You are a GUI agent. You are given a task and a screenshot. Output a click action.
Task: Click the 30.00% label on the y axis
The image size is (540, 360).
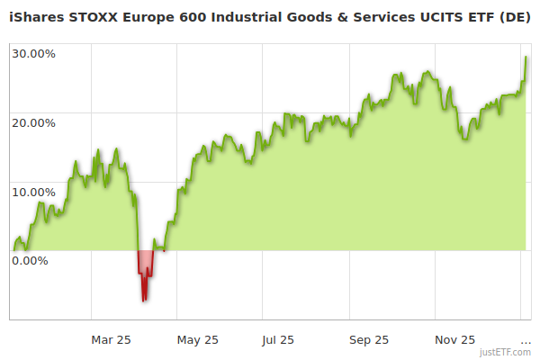tap(33, 53)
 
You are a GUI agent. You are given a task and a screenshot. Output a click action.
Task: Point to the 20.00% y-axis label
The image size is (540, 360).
tap(33, 122)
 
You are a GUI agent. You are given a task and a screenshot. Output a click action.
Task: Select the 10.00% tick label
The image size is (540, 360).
tap(33, 192)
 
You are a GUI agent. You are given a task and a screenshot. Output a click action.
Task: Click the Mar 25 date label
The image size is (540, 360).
tap(112, 339)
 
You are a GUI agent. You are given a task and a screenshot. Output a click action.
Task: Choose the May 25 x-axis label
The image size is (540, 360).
tap(197, 339)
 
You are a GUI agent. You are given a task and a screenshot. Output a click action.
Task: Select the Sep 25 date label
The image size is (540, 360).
tap(369, 339)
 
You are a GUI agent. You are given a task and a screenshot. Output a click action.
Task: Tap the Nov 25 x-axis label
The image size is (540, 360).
tap(455, 339)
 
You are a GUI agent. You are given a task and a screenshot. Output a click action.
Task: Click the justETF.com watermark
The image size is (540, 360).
tap(506, 352)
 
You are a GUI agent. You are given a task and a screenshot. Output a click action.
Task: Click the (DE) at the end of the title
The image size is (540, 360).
tap(515, 17)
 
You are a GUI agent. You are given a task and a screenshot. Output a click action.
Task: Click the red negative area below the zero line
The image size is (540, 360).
tap(144, 265)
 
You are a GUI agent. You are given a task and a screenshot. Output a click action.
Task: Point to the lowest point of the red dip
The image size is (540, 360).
tap(143, 301)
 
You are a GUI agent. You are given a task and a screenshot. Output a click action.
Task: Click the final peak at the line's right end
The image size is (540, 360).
tap(526, 58)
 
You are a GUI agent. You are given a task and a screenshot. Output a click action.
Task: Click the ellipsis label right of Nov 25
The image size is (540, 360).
tap(526, 339)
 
